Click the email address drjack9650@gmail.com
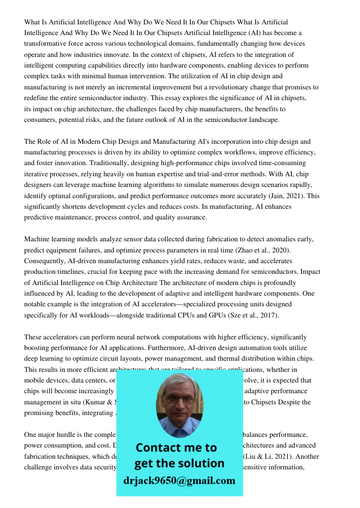(x=179, y=480)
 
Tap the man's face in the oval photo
(x=179, y=399)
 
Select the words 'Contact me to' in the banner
(x=176, y=448)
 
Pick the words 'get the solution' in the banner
(x=179, y=463)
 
